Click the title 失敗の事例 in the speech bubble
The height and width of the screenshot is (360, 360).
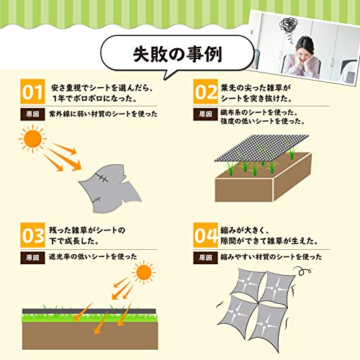coord(177,54)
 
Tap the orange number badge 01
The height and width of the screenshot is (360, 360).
coord(32,91)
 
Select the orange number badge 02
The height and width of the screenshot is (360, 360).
coord(205,91)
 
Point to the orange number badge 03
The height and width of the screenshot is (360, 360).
coord(32,235)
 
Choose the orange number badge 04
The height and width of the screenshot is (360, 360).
coord(205,235)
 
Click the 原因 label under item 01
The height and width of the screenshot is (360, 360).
coord(32,114)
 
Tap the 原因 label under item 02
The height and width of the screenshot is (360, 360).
coord(205,114)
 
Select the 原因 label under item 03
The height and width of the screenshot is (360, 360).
coord(32,258)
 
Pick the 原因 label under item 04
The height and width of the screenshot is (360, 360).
coord(205,258)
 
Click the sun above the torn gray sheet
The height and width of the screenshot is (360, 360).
coord(32,139)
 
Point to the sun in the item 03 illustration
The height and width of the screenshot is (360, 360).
coord(143,272)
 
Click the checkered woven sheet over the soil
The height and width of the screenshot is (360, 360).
coord(261,148)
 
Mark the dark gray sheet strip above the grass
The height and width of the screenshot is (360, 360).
coord(89,311)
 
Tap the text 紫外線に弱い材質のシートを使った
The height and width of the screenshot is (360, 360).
coord(103,114)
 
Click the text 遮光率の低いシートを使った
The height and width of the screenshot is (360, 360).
coord(93,256)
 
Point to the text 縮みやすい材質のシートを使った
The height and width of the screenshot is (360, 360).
coord(271,257)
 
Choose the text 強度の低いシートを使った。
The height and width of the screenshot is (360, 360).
coord(263,121)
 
